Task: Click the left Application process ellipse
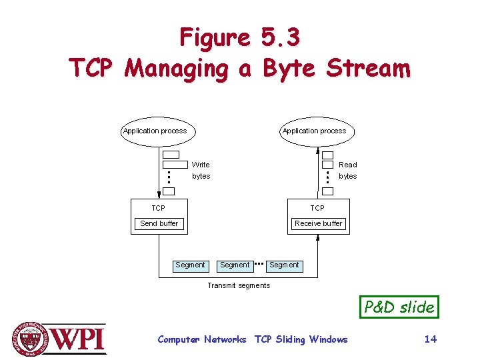(x=155, y=131)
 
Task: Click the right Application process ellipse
(x=314, y=131)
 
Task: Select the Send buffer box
(x=159, y=223)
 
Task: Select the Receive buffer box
(x=318, y=223)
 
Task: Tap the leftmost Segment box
(x=190, y=265)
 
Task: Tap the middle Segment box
(x=235, y=265)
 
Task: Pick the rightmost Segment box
(x=284, y=265)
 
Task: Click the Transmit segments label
(x=239, y=285)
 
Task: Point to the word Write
(x=201, y=165)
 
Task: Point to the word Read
(x=347, y=165)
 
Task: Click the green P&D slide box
(x=399, y=307)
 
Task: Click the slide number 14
(x=431, y=339)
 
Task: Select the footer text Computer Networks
(x=201, y=339)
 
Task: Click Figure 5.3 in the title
(x=239, y=37)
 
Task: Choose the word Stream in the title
(x=369, y=68)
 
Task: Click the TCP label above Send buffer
(x=158, y=208)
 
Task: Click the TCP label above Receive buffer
(x=317, y=208)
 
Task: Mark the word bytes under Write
(x=201, y=177)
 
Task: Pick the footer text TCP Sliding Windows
(x=301, y=339)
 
